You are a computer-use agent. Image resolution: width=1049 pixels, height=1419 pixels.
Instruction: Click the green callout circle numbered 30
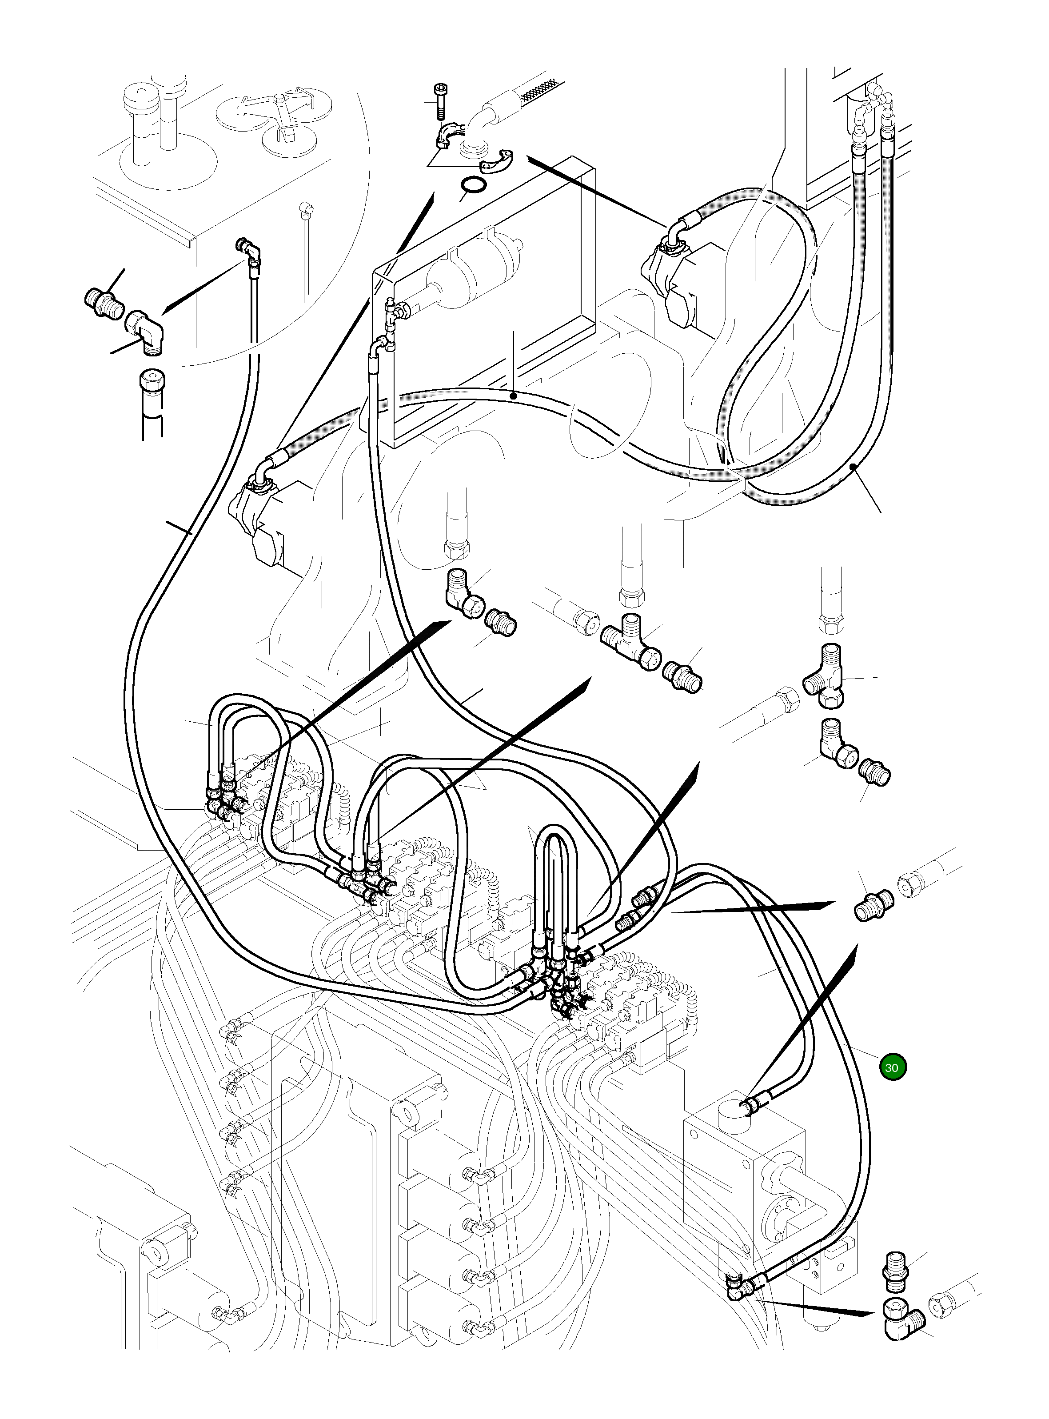tap(892, 1067)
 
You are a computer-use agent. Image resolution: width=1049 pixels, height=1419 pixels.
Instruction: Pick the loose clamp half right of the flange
tap(497, 161)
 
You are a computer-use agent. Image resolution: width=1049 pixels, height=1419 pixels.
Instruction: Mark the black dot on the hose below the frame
tap(513, 396)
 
